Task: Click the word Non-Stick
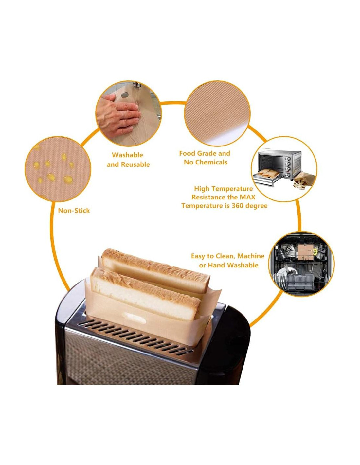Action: coord(74,211)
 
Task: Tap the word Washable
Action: coord(127,155)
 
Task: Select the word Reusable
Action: coord(135,164)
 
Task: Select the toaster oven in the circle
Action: coord(280,166)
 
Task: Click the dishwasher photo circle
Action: coord(301,264)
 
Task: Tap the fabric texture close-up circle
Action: coord(217,113)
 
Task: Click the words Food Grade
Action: coord(194,153)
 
